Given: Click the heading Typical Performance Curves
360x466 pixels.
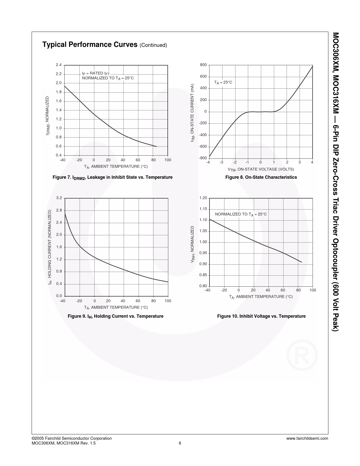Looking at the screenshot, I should tap(90, 45).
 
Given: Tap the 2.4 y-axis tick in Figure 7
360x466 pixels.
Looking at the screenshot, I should tap(59, 65).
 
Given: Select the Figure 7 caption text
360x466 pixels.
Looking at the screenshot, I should tap(112, 177).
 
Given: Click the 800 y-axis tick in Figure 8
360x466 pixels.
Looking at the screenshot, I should tap(203, 65).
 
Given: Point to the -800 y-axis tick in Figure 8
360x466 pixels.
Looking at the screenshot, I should tap(202, 158).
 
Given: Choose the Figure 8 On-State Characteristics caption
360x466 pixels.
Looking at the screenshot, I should tap(261, 177).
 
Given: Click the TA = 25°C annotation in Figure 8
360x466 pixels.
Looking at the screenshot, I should tap(223, 82).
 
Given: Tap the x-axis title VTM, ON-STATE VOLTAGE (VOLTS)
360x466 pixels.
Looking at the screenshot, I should tap(261, 169).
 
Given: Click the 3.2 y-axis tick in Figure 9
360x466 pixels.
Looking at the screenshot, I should tap(59, 198).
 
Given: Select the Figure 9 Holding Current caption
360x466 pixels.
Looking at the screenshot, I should tap(115, 316).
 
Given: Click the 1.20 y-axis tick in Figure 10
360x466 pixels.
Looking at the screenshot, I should tap(203, 198).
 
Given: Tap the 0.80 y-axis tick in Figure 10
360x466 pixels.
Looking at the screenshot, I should tap(203, 286).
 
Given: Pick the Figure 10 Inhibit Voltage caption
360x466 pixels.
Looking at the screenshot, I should tap(261, 316).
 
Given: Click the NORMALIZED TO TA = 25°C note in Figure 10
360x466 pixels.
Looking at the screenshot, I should tap(241, 214).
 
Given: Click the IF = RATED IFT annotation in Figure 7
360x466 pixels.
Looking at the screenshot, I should tap(96, 73).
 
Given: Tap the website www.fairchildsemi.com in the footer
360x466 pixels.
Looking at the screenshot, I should tap(307, 438).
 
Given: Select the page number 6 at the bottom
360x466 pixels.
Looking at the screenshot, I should tap(180, 443).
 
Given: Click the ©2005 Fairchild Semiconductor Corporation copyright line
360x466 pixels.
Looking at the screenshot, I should tap(72, 438).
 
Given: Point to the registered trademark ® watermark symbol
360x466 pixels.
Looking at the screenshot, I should tap(302, 355).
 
